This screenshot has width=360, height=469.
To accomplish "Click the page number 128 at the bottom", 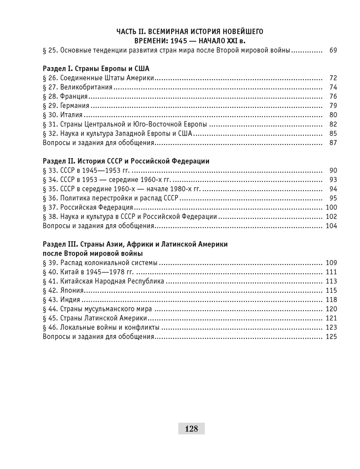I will tap(191, 428).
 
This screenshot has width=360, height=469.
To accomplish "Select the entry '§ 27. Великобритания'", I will tap(78, 87).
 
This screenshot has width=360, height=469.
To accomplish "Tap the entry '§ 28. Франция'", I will tap(66, 97).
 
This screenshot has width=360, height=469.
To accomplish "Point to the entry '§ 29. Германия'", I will tap(67, 106).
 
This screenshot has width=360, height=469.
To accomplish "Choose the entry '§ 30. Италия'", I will tap(63, 115).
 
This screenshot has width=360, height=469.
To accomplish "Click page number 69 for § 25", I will tap(333, 50).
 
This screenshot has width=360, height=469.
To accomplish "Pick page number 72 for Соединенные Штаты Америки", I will tap(333, 78).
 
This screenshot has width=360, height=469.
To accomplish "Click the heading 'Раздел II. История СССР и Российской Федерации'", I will tap(126, 161).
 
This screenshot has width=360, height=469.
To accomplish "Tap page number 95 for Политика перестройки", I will tap(333, 198).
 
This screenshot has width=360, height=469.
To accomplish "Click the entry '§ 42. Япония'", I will tap(64, 291).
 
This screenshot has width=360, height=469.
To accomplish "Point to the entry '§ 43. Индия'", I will tap(62, 300).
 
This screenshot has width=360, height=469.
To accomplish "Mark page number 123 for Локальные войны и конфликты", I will tap(331, 327).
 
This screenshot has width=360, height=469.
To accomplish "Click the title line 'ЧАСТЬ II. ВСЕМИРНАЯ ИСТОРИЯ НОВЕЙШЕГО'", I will tap(189, 31).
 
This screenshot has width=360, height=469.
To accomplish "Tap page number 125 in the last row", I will tap(331, 337).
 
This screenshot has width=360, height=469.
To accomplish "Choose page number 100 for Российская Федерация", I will tap(331, 207).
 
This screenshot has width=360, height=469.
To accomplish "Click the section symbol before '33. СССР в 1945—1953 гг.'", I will tap(45, 170).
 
